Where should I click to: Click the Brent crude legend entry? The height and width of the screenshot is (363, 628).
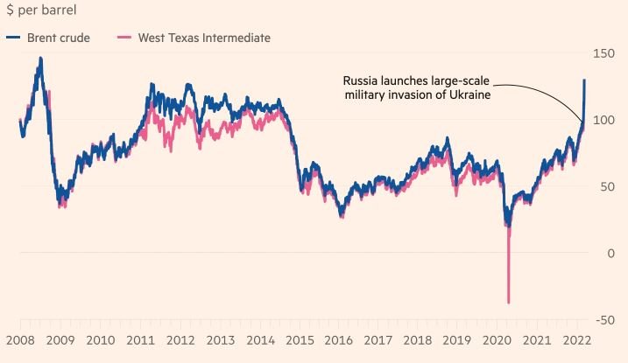point(59,38)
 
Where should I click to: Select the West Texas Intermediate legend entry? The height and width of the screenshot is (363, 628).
point(204,38)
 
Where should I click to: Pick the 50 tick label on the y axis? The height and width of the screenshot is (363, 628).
point(604,187)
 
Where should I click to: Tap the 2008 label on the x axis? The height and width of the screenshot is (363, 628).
point(19,339)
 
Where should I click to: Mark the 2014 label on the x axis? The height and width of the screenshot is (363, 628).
point(261,339)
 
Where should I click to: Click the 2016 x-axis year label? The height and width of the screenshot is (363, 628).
point(342,339)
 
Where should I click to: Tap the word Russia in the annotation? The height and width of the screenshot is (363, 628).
point(360,80)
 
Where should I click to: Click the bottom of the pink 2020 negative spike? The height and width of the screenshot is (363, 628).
point(509,303)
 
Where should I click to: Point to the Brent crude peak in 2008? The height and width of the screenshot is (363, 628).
point(40,59)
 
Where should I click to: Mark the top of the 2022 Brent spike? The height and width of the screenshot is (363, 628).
point(584,80)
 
